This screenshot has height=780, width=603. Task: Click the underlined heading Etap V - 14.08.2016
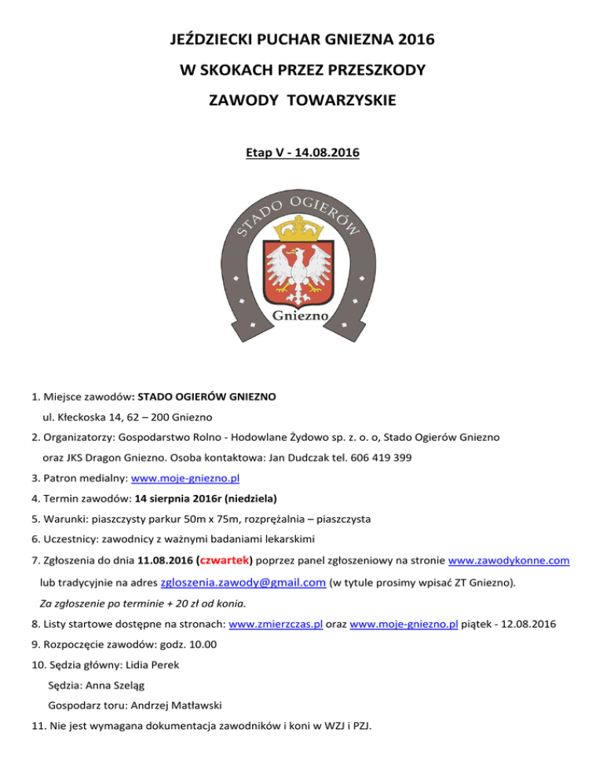(302, 155)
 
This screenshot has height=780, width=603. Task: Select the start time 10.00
(204, 644)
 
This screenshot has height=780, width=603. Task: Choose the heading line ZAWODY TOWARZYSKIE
(302, 101)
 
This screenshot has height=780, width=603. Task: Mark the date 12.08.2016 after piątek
(534, 623)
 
